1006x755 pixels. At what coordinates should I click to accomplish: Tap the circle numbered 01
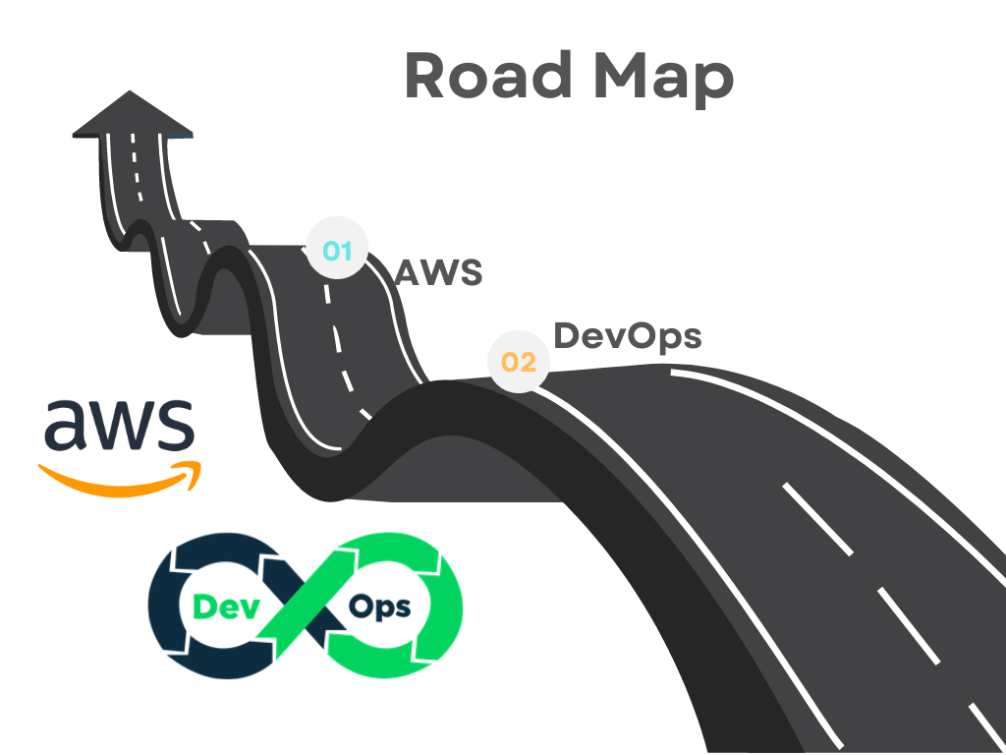point(337,251)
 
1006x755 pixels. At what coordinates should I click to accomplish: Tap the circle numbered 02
point(518,362)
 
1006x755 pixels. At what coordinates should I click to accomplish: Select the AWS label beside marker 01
point(438,272)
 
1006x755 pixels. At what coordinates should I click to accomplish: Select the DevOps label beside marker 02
point(627,335)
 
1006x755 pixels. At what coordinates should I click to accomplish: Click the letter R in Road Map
point(424,76)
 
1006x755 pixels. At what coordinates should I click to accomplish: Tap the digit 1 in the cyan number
point(345,251)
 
